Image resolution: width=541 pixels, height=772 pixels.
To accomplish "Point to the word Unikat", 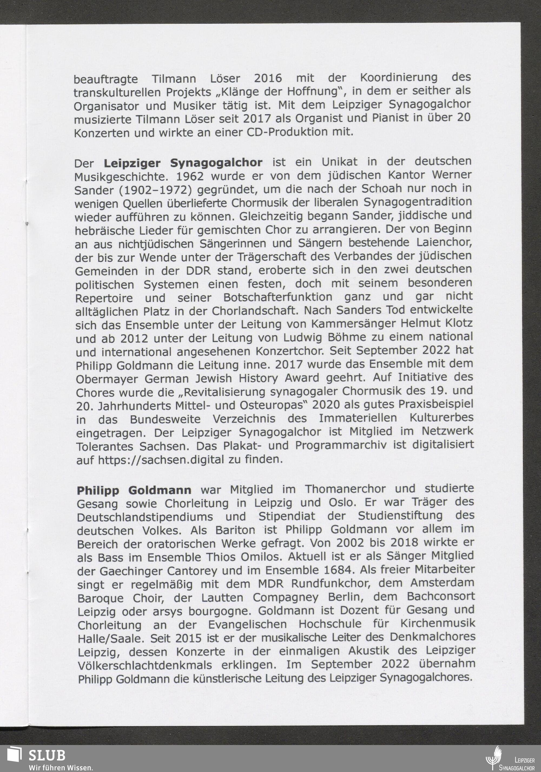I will [x=340, y=162].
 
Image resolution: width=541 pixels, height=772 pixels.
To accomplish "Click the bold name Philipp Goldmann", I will [x=134, y=491].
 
